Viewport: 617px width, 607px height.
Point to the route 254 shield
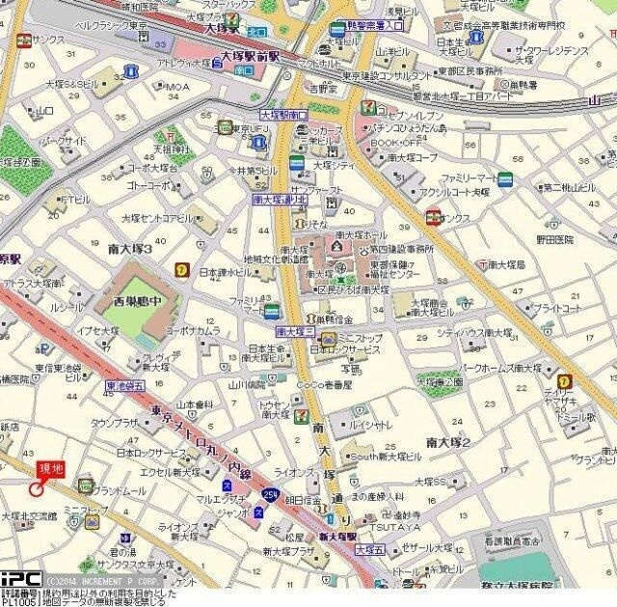click(268, 494)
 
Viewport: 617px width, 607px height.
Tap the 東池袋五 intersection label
click(125, 385)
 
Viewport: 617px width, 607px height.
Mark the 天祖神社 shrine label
click(174, 151)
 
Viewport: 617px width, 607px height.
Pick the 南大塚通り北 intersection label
click(280, 199)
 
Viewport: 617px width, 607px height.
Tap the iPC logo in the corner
click(20, 578)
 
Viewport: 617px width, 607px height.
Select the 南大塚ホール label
click(362, 235)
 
